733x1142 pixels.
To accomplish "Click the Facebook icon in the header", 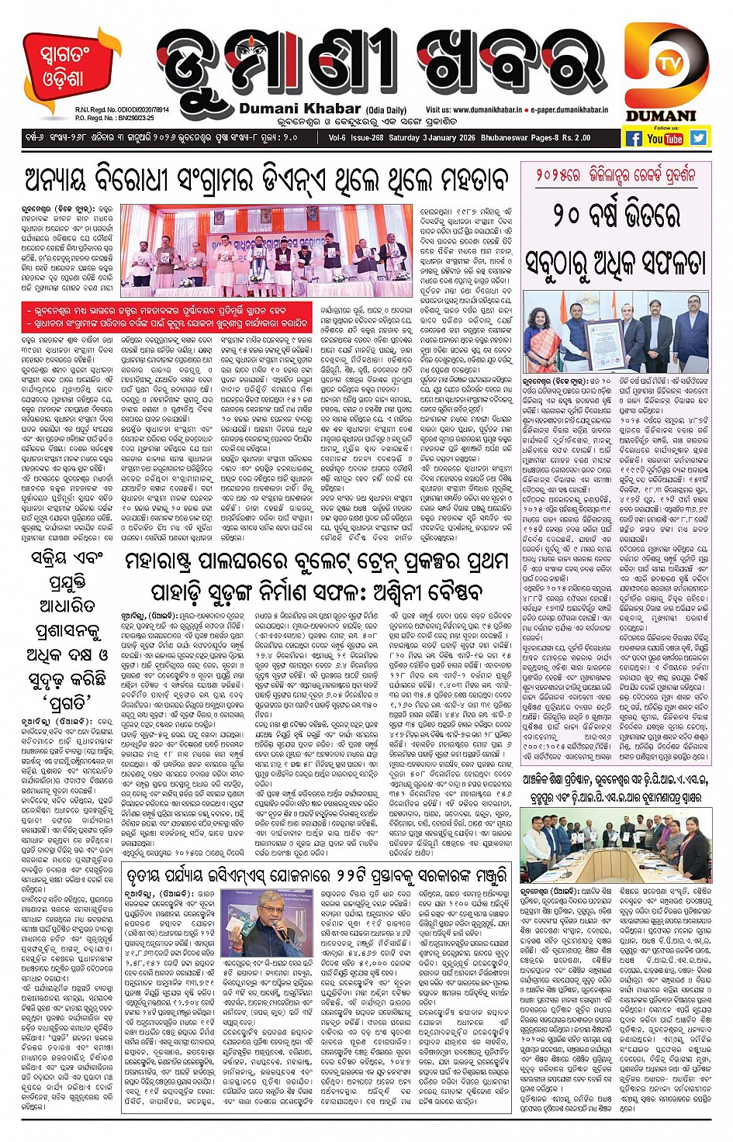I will [634, 138].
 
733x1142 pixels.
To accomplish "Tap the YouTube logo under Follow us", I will [665, 138].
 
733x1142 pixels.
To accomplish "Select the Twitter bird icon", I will [698, 138].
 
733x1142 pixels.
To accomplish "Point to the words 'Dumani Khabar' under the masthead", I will [300, 109].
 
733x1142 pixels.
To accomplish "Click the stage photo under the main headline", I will [267, 250].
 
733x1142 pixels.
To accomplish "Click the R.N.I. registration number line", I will [115, 110].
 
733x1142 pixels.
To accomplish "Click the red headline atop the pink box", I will [614, 174].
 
